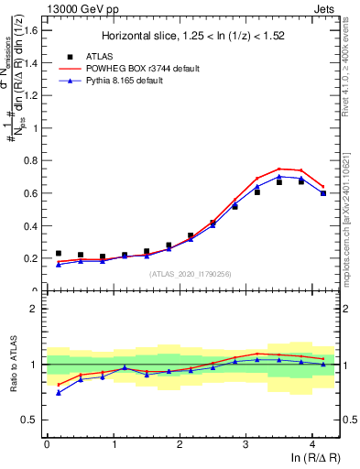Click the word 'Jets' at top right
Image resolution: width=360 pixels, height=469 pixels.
pos(324,8)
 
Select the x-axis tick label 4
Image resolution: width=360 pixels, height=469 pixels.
pos(312,444)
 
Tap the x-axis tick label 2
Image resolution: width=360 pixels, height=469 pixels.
pos(180,444)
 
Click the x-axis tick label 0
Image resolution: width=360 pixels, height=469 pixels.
pos(47,444)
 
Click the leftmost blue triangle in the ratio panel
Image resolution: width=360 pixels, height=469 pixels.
pos(59,392)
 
